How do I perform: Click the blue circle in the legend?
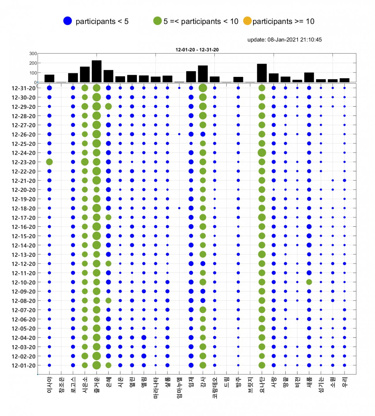pos(67,21)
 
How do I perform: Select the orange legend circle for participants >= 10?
pos(247,21)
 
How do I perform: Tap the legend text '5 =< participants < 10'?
pos(201,21)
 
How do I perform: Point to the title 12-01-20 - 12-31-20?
pos(197,50)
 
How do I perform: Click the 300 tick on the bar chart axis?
pos(33,54)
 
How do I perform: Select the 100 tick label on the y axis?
pos(33,73)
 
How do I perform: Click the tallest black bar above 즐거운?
pos(97,71)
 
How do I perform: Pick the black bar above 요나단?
pos(262,73)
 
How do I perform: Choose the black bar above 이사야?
pos(49,78)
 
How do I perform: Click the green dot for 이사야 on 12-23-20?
pos(49,162)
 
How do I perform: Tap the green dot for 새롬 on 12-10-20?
pos(309,282)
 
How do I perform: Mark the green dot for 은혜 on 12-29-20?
pos(108,106)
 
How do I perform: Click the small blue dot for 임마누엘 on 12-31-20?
pos(179,88)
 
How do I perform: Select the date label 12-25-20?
pos(23,144)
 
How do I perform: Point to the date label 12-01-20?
pos(23,365)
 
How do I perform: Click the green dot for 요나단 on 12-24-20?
pos(262,152)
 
